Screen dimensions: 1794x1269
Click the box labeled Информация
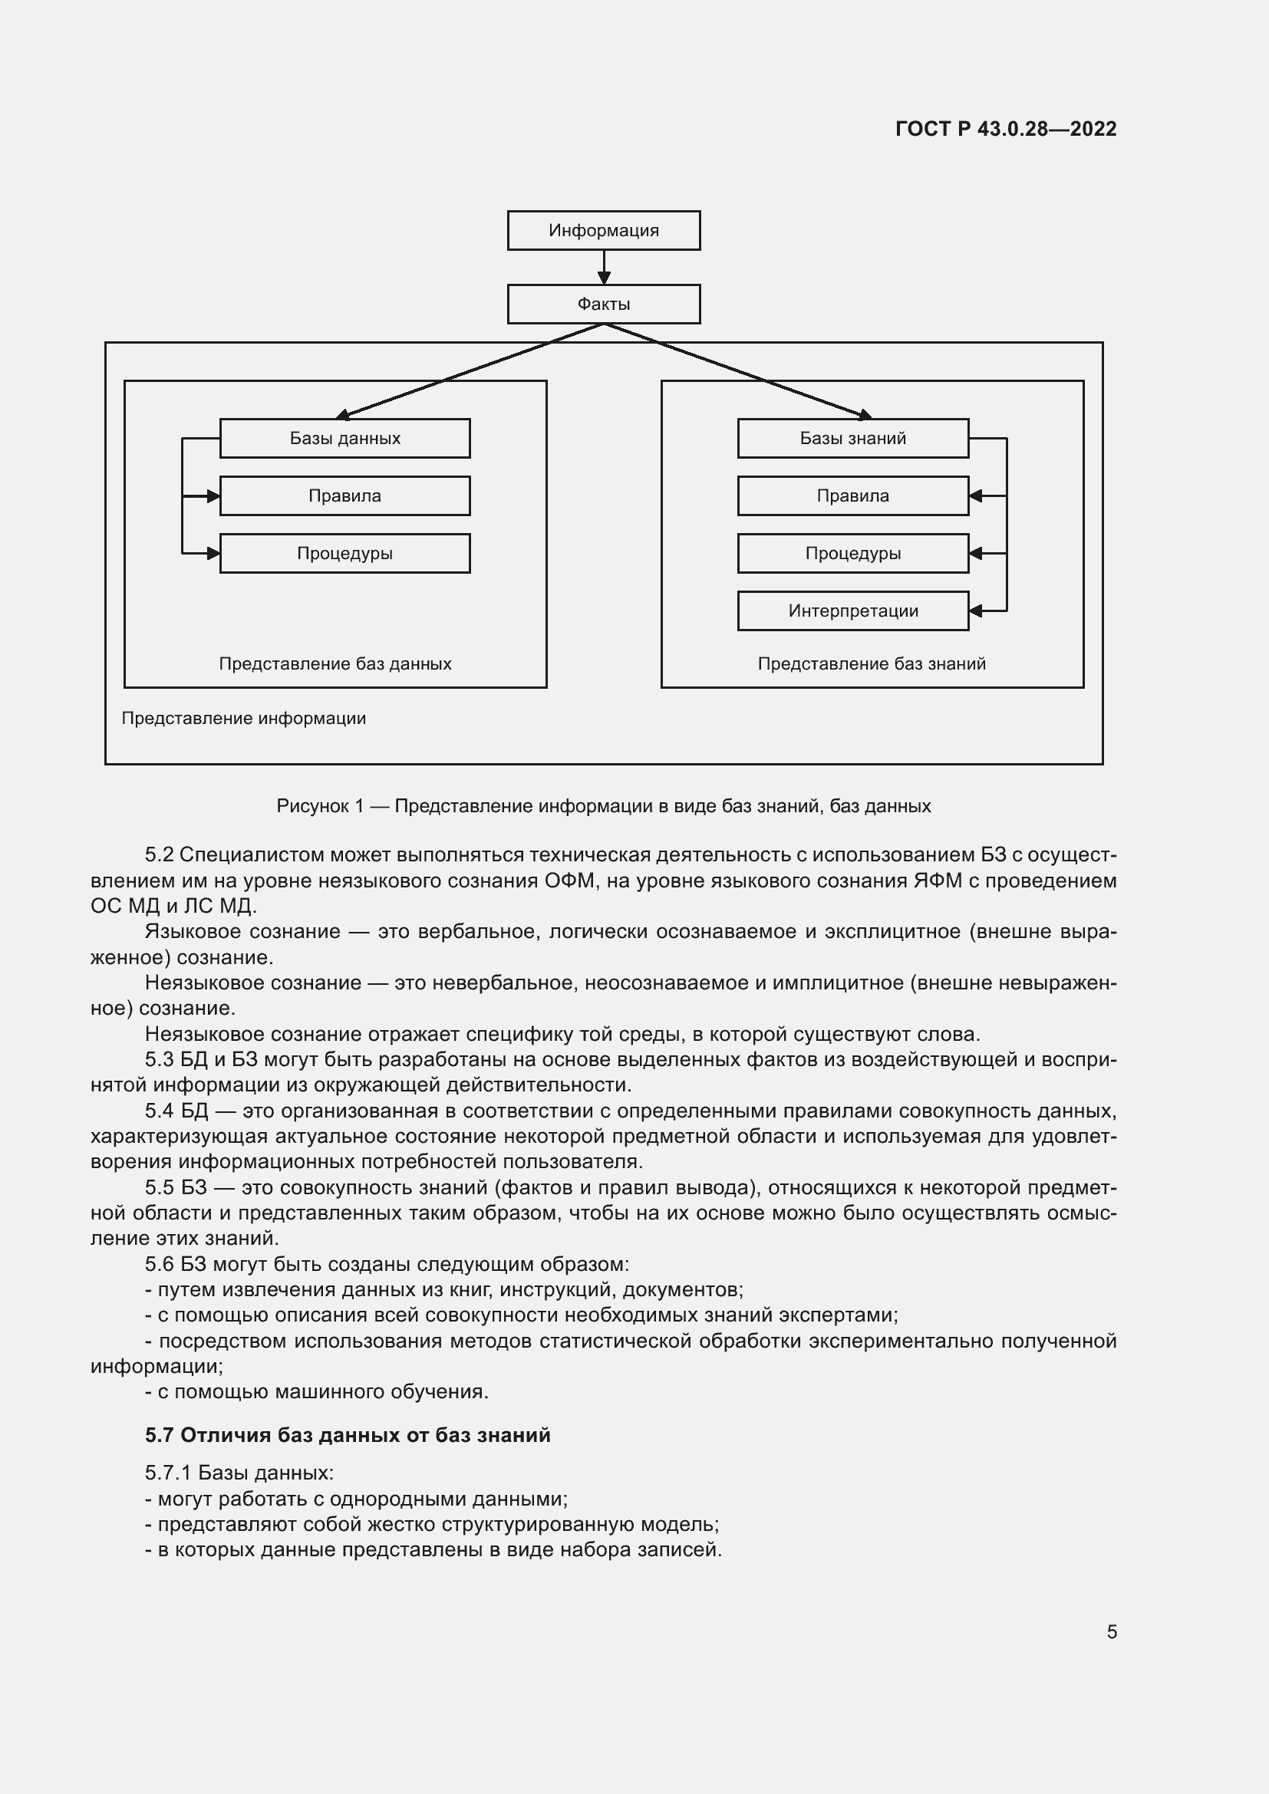(x=603, y=231)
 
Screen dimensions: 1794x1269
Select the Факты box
(x=603, y=304)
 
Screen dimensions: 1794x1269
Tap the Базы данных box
(x=344, y=439)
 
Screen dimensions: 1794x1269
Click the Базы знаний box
(x=852, y=439)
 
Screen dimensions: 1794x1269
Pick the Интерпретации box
(x=852, y=611)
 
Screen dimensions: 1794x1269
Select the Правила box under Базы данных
(x=344, y=496)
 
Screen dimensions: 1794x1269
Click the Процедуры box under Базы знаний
(x=852, y=554)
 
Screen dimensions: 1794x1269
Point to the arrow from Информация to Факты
(x=603, y=267)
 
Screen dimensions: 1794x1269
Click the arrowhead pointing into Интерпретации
(x=975, y=611)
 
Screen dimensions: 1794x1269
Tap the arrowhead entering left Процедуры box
(x=213, y=554)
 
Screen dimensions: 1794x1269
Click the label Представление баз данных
(x=335, y=664)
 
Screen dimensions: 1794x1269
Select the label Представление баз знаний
(x=872, y=664)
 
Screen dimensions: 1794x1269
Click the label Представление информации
(x=243, y=719)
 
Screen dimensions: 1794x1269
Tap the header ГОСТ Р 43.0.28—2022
(x=1006, y=129)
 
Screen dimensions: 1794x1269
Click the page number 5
(x=1111, y=1631)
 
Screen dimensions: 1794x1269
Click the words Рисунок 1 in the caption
(x=320, y=806)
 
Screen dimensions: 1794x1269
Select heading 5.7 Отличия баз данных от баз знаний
(x=348, y=1435)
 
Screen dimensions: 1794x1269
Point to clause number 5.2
(x=159, y=854)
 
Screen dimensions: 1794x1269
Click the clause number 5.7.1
(x=167, y=1473)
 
